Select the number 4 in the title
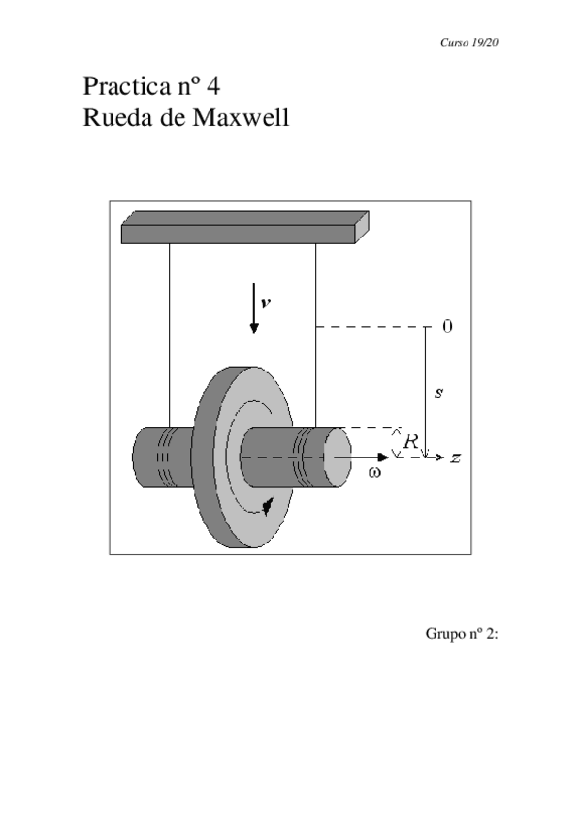(212, 86)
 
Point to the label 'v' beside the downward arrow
(265, 301)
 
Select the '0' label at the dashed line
(447, 327)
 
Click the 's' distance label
(438, 393)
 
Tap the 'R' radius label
(410, 441)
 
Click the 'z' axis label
(455, 457)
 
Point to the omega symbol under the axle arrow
(375, 473)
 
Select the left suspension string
(170, 330)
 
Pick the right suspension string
(315, 330)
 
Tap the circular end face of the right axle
(337, 457)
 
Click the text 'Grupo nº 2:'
(461, 634)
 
